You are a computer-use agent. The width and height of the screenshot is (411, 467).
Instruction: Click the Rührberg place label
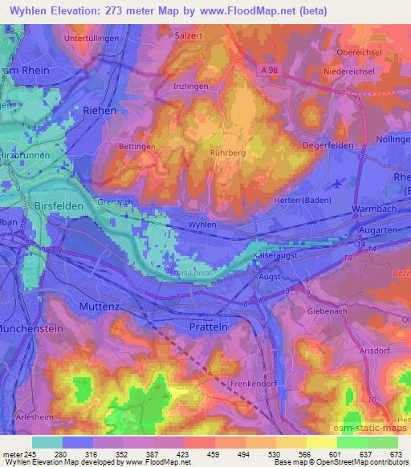[x=228, y=152]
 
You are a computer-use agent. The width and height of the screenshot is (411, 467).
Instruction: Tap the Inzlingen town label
[x=190, y=86]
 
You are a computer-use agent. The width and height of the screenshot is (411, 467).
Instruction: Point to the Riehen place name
[x=100, y=110]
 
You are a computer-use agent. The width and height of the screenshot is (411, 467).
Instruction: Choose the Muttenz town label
[x=100, y=307]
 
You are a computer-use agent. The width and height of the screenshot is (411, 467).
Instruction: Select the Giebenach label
[x=325, y=309]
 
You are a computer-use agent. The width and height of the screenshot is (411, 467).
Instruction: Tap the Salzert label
[x=189, y=36]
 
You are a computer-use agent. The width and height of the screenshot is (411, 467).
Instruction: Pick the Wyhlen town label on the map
[x=202, y=225]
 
